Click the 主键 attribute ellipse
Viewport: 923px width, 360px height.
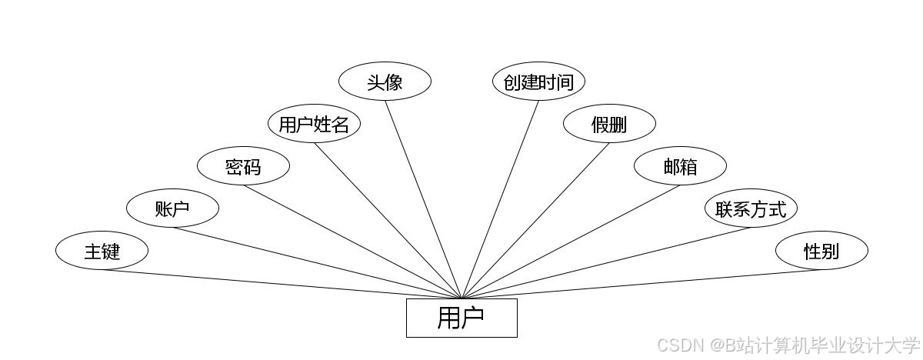coord(102,251)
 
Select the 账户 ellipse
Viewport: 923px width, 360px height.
coord(172,208)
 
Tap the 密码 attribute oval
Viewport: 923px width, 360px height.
coord(243,166)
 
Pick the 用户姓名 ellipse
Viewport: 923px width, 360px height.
coord(314,124)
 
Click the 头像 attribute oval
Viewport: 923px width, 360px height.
coord(385,82)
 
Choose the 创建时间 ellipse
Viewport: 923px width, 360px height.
coord(538,82)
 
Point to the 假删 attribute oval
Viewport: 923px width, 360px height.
coord(609,124)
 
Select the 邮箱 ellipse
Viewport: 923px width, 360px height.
coord(680,166)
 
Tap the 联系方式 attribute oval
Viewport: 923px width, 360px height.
coord(751,208)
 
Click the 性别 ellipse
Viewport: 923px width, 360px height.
coord(821,251)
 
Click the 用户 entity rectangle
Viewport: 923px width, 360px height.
coord(461,318)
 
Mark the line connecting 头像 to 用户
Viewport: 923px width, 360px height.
coord(423,199)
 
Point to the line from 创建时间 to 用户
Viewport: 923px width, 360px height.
coord(500,199)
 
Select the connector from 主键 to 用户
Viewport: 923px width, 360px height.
coord(282,285)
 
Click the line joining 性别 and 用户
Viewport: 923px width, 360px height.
coord(641,285)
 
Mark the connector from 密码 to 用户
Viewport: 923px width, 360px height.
coord(352,242)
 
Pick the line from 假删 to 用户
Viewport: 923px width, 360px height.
coord(535,221)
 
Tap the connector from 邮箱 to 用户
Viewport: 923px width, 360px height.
coord(571,242)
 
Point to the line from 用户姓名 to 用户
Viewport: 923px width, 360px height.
coord(388,221)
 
